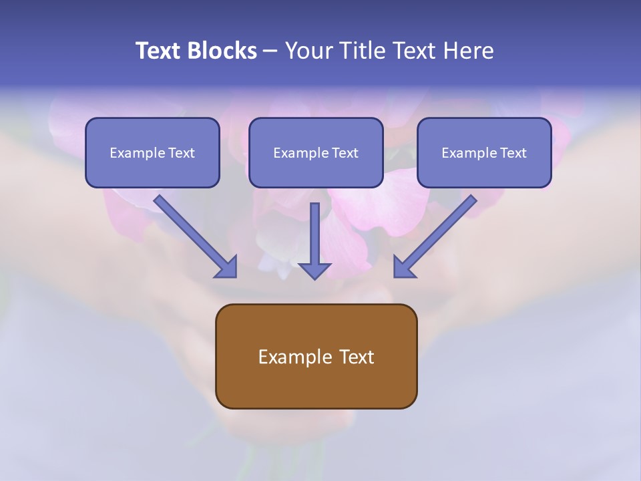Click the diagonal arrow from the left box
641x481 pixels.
[196, 236]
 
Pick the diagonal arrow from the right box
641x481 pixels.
[435, 236]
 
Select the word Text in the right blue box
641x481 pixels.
[513, 153]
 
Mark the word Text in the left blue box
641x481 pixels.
[182, 153]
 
